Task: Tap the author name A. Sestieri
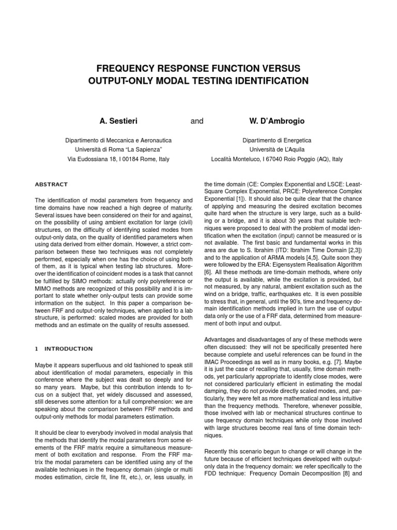pyautogui.click(x=118, y=121)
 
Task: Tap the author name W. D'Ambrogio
pyautogui.click(x=277, y=121)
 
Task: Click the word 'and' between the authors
pyautogui.click(x=197, y=121)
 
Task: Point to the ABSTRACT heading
pyautogui.click(x=51, y=184)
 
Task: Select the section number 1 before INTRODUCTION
pyautogui.click(x=36, y=348)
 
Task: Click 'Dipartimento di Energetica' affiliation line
pyautogui.click(x=277, y=140)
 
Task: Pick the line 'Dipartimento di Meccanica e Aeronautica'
pyautogui.click(x=118, y=140)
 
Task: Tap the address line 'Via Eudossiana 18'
pyautogui.click(x=118, y=159)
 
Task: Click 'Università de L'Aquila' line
pyautogui.click(x=277, y=150)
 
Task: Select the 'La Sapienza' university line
pyautogui.click(x=118, y=150)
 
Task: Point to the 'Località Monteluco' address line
pyautogui.click(x=277, y=159)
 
